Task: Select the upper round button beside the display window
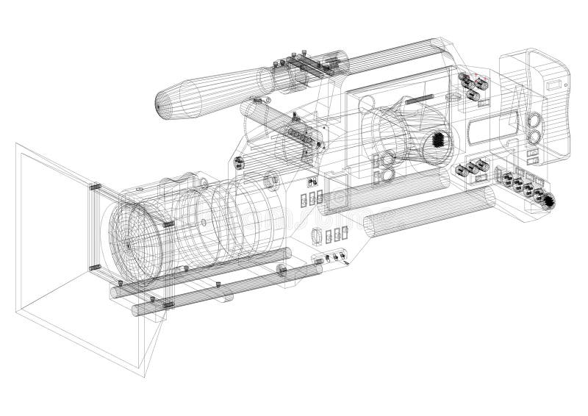point(534,119)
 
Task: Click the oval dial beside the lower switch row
point(317,236)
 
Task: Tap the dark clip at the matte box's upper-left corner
point(94,187)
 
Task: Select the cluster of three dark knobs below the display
point(471,170)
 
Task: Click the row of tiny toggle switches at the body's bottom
point(331,257)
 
